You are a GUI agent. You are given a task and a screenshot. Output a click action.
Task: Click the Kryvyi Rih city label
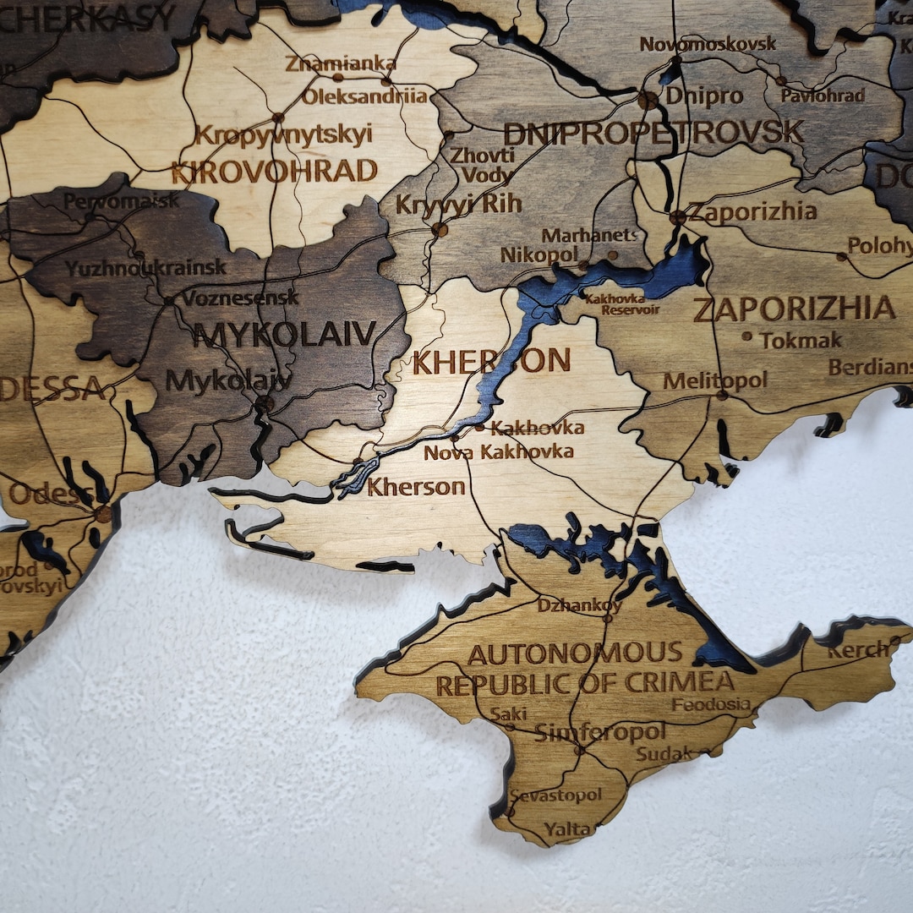coord(458,204)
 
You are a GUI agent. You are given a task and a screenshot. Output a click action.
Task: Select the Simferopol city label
coord(600,732)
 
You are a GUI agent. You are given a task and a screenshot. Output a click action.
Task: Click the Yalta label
coord(568,829)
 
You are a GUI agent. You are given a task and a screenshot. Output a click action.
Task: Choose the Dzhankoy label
coord(579,605)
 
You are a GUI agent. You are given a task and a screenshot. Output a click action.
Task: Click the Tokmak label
coord(801,341)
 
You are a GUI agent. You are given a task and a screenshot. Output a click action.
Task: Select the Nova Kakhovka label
coord(498,452)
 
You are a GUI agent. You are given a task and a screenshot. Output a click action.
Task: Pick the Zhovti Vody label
coord(482,165)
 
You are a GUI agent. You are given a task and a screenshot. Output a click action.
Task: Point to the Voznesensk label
coord(240,298)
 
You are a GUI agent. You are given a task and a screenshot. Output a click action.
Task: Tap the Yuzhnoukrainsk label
coord(145,268)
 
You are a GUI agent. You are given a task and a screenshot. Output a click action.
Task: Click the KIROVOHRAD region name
coord(274,172)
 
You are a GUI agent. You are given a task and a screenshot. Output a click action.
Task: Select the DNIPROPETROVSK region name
coord(653,132)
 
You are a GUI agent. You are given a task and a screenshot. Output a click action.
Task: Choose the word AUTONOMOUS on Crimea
coord(575,653)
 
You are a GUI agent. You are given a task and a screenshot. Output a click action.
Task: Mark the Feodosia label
coord(711,704)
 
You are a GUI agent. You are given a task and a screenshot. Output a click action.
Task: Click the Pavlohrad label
coord(823,95)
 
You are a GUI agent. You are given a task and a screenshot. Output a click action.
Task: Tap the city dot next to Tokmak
coord(746,336)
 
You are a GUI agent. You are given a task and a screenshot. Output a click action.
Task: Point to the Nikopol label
coord(539,254)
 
